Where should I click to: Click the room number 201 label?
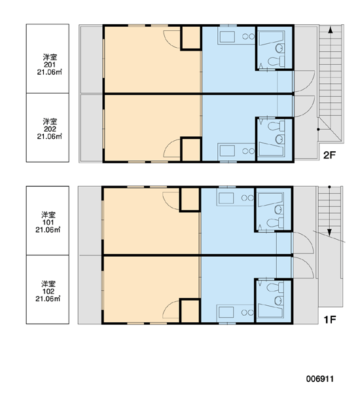pos(50,65)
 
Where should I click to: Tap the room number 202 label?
pos(50,129)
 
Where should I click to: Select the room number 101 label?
pos(48,222)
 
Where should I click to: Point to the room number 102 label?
pos(48,291)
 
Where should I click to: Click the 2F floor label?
pos(329,155)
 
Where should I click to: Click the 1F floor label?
pos(329,320)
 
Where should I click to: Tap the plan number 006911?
pos(319,379)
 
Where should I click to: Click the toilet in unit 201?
pos(276,61)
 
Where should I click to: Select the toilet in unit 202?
pos(276,126)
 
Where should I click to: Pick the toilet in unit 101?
pos(275,223)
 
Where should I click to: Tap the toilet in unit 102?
pos(275,288)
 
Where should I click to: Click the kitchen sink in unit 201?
pos(227,37)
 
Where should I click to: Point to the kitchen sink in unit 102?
pos(226,312)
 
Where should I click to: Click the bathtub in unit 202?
pos(271,149)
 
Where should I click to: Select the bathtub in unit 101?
pos(270,200)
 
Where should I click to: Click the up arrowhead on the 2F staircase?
pos(331,30)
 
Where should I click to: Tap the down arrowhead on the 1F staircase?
pos(329,233)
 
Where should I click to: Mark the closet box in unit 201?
pos(191,37)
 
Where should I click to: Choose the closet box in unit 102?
pos(190,311)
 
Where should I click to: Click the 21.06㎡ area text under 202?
pos(49,137)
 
